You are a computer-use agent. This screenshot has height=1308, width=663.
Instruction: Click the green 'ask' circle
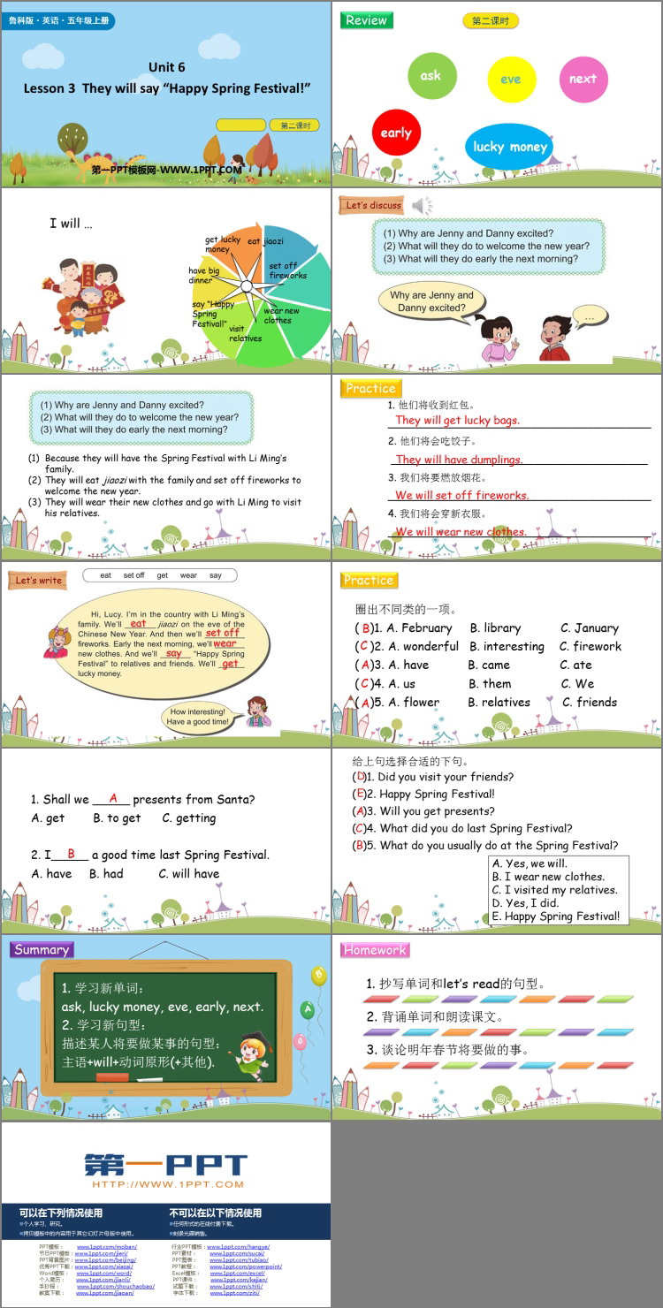(431, 76)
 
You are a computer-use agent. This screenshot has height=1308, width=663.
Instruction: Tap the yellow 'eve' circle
(511, 80)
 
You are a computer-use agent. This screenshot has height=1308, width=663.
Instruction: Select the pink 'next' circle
(583, 79)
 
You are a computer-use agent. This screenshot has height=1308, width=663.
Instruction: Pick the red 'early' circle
(396, 133)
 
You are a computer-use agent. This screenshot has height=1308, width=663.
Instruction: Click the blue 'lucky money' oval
(509, 147)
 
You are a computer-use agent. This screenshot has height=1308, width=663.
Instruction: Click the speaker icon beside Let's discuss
(422, 206)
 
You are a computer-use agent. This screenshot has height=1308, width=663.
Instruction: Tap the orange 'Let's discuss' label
(373, 205)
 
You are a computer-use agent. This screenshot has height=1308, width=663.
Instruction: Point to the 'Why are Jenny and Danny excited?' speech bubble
(431, 301)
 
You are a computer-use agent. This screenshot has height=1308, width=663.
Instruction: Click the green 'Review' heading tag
(366, 20)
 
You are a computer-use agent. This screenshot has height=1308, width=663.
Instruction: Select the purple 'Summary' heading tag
(42, 949)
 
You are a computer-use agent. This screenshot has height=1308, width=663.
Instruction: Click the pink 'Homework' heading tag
(375, 950)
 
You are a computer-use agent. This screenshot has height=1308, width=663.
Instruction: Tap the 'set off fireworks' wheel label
(287, 270)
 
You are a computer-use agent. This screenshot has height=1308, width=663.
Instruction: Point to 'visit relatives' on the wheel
(245, 333)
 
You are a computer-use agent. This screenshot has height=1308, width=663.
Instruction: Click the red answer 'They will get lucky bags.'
(457, 421)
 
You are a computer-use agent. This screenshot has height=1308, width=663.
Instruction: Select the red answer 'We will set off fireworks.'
(461, 496)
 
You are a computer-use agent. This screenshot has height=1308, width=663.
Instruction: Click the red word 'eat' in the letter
(139, 623)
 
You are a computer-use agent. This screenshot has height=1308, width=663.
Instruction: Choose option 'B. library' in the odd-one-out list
(495, 628)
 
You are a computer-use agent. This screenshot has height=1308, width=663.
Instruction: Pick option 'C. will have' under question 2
(189, 874)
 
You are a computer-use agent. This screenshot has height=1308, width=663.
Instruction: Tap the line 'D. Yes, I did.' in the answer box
(525, 903)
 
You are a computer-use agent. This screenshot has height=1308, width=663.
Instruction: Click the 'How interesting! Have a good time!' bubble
(197, 717)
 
